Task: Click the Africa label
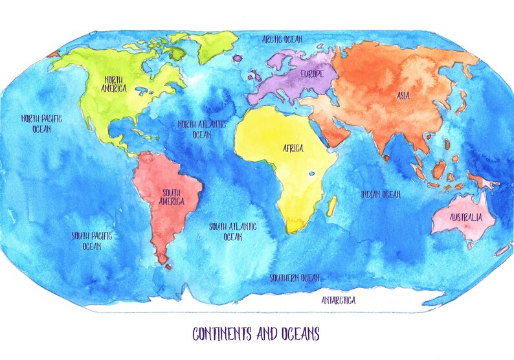[293, 148]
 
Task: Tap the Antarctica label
[339, 300]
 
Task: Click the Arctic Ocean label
[291, 39]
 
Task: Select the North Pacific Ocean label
[41, 124]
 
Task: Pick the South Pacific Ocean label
[91, 241]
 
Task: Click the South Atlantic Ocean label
[232, 231]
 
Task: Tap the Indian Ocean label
[381, 194]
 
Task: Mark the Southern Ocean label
[295, 278]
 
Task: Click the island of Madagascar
[331, 207]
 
